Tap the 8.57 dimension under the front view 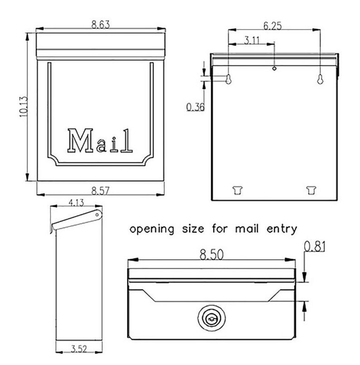click(x=101, y=191)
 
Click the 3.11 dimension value click(x=252, y=40)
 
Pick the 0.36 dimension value click(x=195, y=107)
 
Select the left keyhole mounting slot click(x=229, y=79)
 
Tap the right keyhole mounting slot click(x=320, y=79)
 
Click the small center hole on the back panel click(x=274, y=68)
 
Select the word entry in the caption click(x=282, y=229)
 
